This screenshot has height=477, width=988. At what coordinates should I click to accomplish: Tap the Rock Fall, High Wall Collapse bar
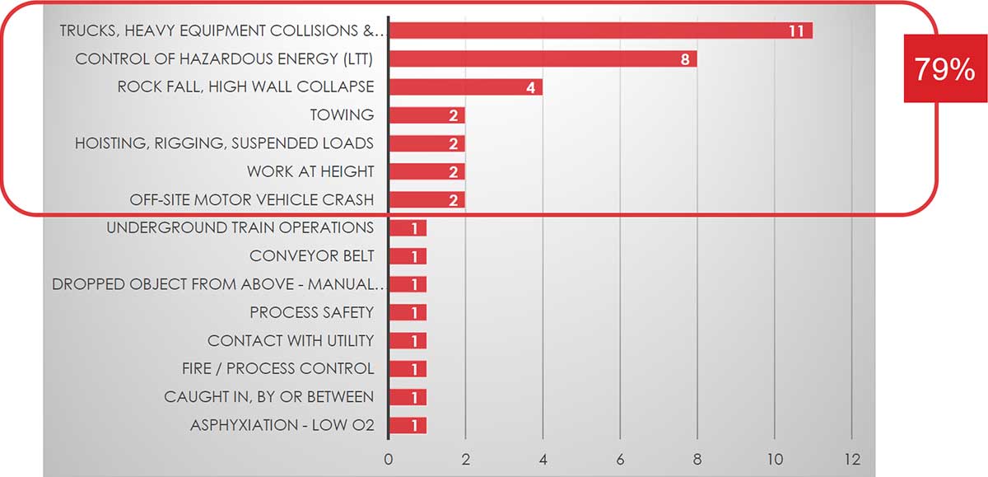tap(464, 87)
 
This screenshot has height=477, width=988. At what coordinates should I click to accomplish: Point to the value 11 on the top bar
tap(795, 31)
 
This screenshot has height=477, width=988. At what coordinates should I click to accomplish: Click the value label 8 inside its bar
tap(684, 59)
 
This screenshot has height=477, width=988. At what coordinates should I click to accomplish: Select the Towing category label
tap(342, 115)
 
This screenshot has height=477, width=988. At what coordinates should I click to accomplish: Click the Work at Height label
tap(310, 171)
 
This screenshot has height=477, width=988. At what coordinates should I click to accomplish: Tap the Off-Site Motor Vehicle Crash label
tap(252, 199)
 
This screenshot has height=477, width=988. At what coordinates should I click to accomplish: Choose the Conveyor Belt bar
tap(407, 256)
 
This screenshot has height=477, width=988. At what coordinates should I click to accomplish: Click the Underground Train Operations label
tap(240, 227)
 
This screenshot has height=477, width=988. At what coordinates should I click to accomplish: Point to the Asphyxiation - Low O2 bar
tap(407, 425)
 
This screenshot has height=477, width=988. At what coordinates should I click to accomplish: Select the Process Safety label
tap(312, 312)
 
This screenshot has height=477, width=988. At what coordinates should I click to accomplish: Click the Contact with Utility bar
tap(407, 340)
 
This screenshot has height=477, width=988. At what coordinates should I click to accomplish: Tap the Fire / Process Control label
tap(277, 368)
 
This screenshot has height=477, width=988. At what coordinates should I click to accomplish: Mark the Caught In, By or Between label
tap(268, 397)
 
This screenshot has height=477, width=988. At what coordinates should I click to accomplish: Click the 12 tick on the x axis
tap(851, 458)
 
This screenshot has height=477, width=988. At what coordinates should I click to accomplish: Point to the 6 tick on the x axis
tap(620, 458)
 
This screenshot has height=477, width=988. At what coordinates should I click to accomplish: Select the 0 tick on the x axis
tap(388, 458)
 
